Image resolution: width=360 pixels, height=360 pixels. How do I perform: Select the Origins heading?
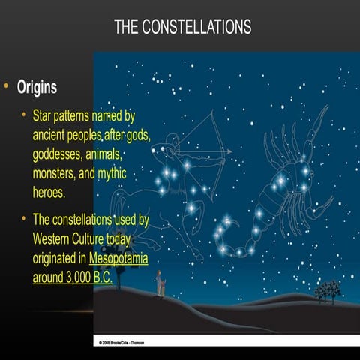pos(37,88)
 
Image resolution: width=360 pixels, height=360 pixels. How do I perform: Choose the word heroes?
pos(49,191)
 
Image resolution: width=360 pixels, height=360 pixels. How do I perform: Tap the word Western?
pos(57,239)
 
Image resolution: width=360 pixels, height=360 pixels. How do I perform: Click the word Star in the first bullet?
pos(45,118)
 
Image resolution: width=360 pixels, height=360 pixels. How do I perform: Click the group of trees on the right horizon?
pos(326,289)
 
